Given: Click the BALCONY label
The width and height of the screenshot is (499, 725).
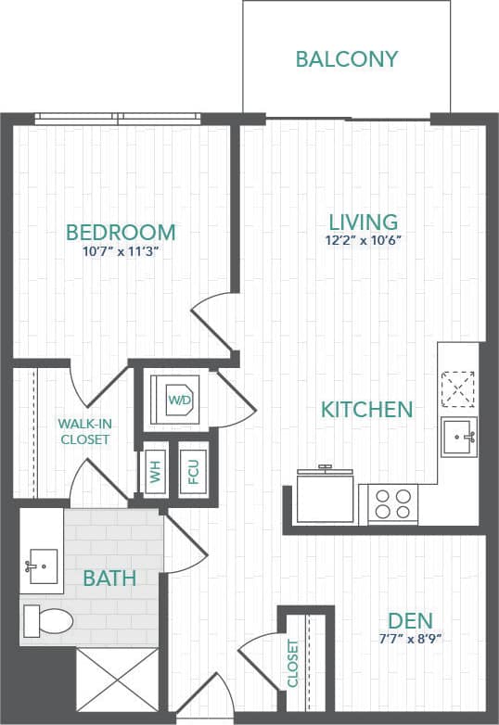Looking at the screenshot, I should pos(347,59).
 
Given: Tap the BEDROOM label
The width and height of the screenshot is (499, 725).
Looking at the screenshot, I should pos(121,232).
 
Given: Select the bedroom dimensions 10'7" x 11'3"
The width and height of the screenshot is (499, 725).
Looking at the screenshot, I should pos(121,251).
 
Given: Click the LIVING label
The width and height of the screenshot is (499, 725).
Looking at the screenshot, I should pos(364,223).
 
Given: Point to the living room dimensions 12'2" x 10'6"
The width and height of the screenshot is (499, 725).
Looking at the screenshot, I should pos(364,240).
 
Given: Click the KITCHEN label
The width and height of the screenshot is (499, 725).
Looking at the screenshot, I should pos(366,409).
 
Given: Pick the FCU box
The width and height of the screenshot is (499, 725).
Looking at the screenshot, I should pos(193,473).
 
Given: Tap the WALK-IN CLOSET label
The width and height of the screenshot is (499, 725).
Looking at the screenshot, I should pos(84,431).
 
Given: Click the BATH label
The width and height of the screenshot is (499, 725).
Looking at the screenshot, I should pos(109,579).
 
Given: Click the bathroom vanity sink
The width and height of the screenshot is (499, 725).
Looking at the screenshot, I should pos(40,564).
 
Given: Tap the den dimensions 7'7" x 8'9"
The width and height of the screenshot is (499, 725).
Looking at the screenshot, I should pos(411,639).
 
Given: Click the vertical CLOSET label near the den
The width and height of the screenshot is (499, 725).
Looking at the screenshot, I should pos(293,663).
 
